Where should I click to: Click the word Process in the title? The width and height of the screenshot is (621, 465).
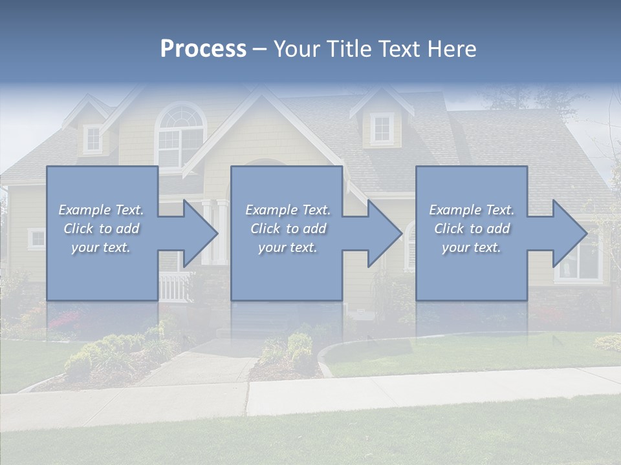[x=203, y=49]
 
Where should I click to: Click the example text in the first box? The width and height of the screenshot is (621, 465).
[x=101, y=229]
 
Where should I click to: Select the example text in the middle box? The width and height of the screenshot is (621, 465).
[x=288, y=229]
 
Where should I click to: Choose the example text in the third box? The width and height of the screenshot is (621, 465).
[x=472, y=229]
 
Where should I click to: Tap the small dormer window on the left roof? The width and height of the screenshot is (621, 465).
[x=93, y=139]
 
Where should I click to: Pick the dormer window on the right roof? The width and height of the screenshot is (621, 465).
[x=382, y=129]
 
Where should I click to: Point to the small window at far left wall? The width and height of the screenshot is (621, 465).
[x=37, y=239]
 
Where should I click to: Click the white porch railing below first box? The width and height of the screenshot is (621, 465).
[x=175, y=287]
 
